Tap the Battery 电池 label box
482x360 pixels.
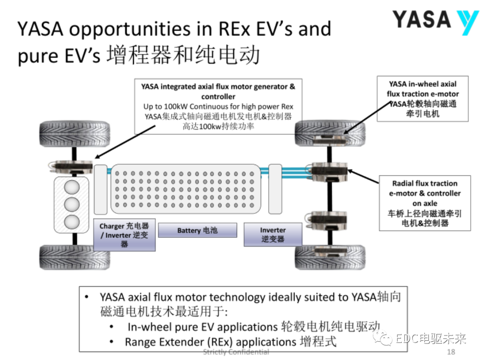[197, 230]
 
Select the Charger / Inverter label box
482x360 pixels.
[125, 235]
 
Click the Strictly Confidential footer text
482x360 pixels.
[236, 352]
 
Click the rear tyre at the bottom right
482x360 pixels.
[330, 257]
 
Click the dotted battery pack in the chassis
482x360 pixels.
[185, 188]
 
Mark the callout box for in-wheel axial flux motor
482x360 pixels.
[422, 99]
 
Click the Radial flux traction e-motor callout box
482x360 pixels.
[424, 203]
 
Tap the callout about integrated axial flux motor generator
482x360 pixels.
[218, 107]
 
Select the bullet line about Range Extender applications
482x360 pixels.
[230, 342]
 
